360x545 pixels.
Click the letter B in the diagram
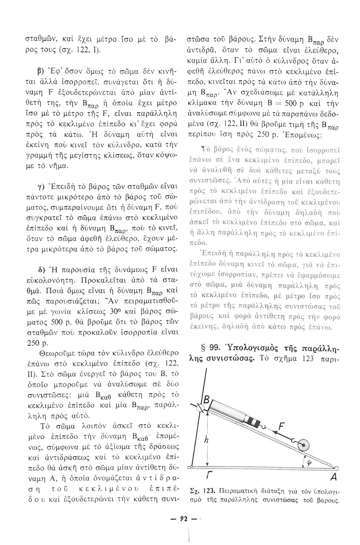point(206,401)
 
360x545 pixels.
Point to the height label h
point(206,440)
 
